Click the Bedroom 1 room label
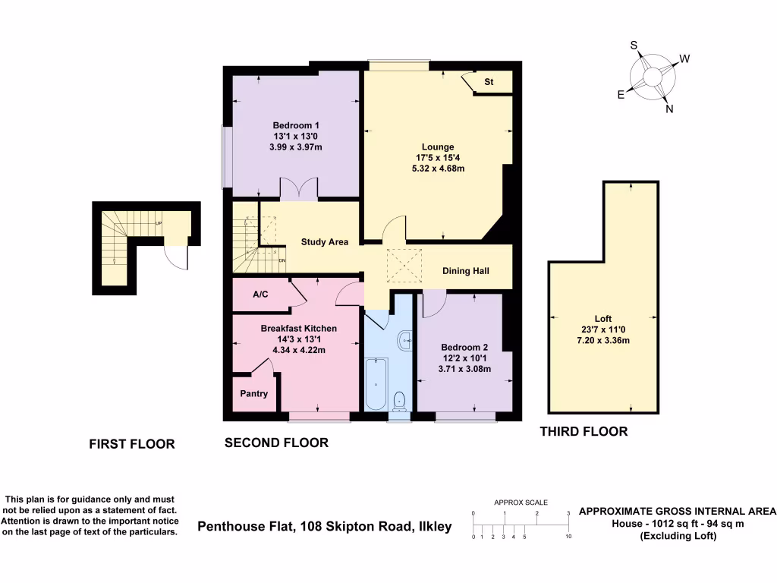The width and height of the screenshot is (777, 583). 296,125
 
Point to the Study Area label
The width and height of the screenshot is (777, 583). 325,242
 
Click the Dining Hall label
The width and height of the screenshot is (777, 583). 466,271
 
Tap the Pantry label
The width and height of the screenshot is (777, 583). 253,394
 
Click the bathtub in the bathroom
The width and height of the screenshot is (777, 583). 376,384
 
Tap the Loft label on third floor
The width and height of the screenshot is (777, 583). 603,319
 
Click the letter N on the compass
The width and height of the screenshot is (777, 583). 668,109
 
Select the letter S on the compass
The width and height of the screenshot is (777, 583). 634,46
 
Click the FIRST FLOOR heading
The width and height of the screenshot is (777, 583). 132,444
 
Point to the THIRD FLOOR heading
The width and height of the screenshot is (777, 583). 584,432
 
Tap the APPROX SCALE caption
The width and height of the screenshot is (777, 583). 521,503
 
